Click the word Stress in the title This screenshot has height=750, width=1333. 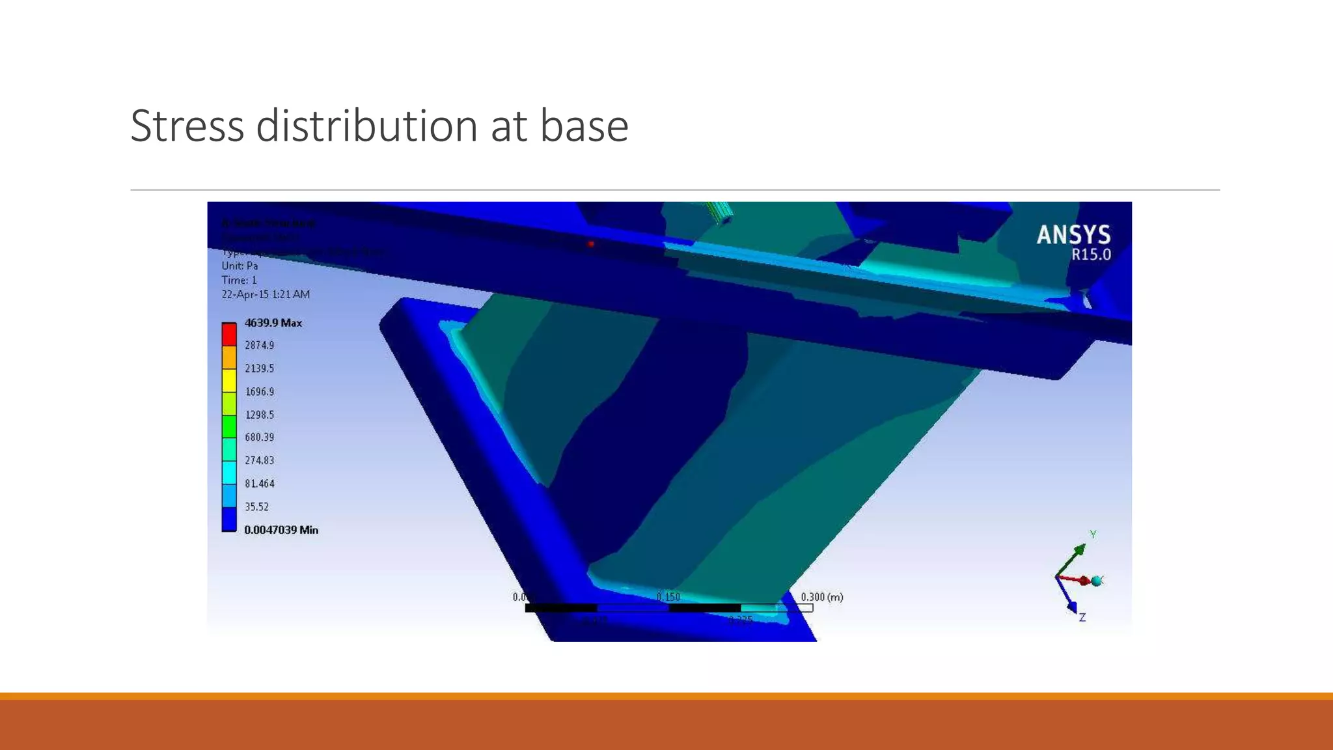click(187, 126)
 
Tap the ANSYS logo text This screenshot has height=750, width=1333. click(1073, 235)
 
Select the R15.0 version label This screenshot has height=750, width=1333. click(1091, 255)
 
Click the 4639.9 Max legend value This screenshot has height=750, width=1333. click(273, 323)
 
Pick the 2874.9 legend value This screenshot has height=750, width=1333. click(259, 345)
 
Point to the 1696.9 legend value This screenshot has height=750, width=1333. click(259, 391)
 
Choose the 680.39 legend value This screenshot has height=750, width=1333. click(259, 437)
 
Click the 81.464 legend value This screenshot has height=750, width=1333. click(259, 483)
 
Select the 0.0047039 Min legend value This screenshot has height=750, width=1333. click(281, 530)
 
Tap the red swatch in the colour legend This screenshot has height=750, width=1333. click(229, 334)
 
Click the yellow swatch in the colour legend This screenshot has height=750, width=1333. click(229, 380)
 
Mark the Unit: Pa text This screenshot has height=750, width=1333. click(240, 266)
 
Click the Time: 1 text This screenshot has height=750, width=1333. click(239, 280)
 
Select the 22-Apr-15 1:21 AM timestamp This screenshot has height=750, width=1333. click(266, 294)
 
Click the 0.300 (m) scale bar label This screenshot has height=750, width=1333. click(821, 596)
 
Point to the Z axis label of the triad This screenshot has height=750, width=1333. click(1082, 617)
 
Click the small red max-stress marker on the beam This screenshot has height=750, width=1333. click(591, 244)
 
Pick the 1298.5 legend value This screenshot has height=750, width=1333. click(259, 414)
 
